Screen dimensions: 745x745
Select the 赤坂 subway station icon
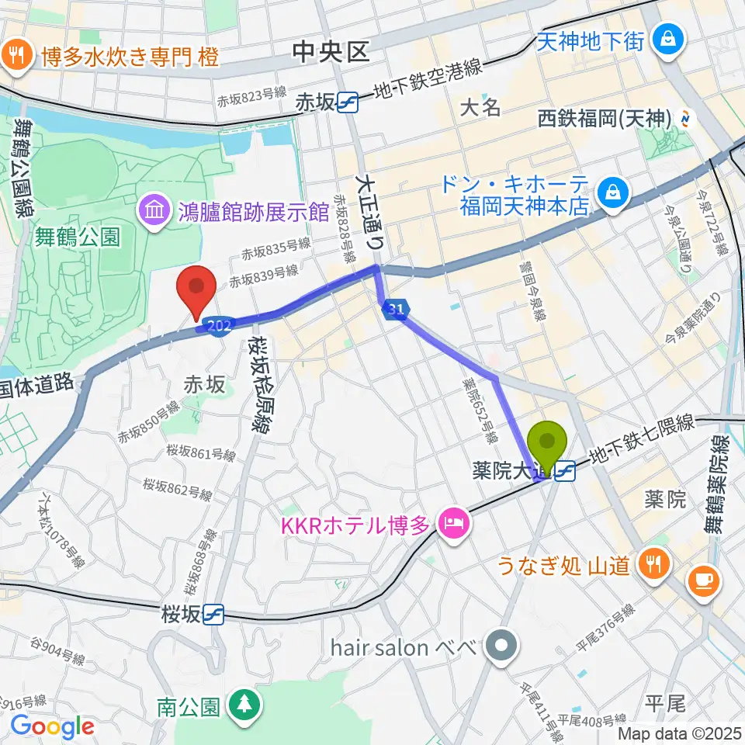(347, 102)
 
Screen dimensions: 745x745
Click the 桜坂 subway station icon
(213, 615)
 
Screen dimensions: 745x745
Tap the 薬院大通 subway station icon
(565, 470)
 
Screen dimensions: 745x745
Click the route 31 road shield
(394, 310)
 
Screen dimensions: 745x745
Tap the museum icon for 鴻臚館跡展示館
(153, 210)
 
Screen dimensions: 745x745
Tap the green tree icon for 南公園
(245, 703)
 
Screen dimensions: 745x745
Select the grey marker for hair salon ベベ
(501, 645)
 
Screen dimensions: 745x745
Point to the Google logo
(52, 726)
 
